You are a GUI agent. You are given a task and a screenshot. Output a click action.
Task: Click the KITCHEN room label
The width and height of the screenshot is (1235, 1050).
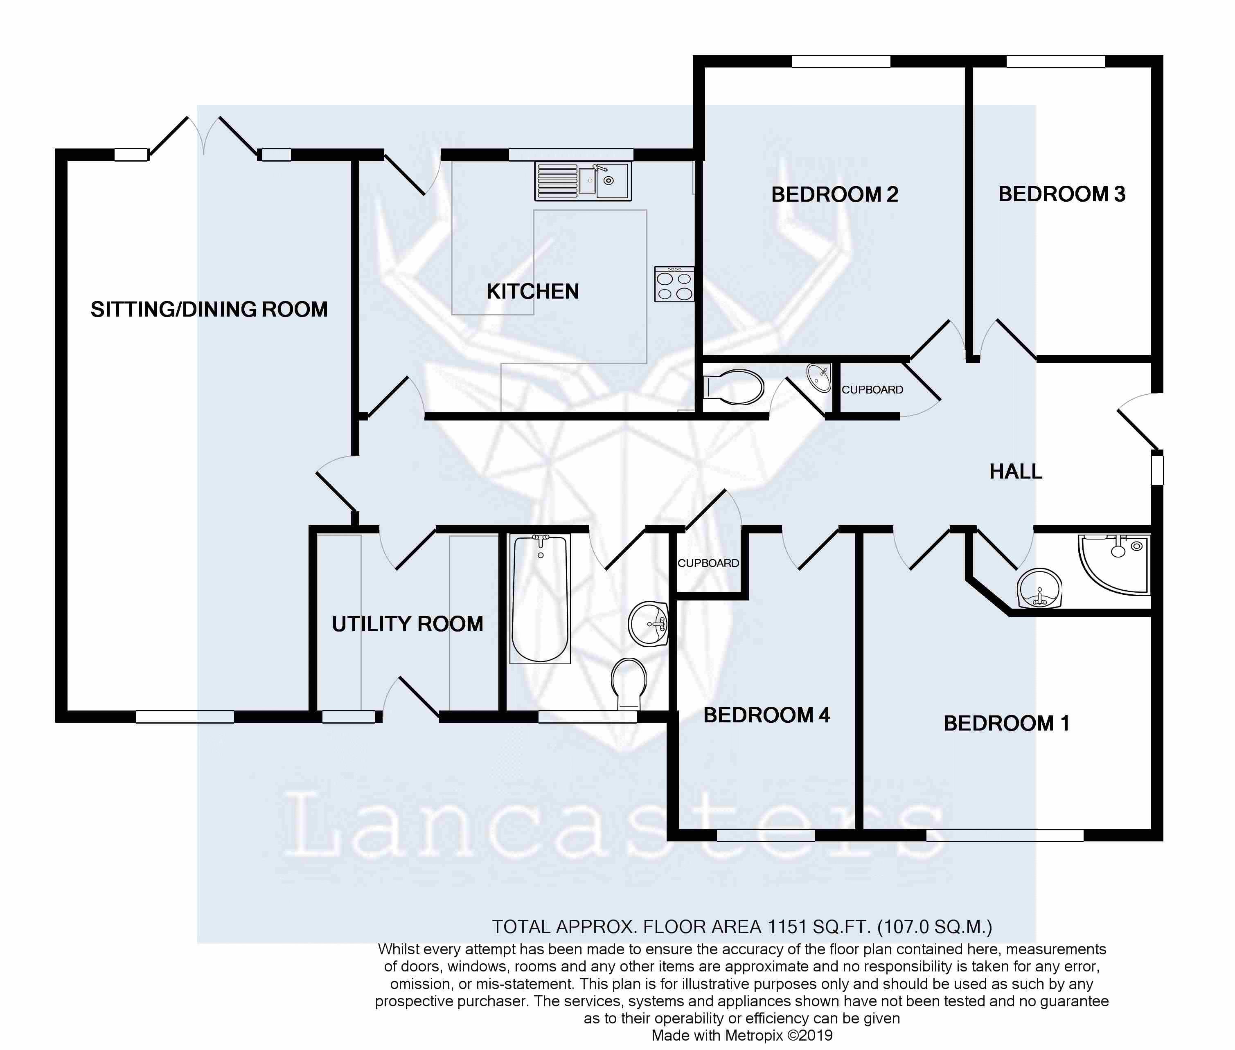click(x=532, y=292)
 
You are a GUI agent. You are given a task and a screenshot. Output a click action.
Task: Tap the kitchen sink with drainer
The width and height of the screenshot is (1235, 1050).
click(x=582, y=181)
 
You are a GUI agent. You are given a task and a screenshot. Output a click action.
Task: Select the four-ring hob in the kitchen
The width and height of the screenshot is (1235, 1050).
click(x=674, y=284)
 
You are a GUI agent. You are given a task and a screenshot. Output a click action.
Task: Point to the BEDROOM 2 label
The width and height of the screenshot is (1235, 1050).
click(x=834, y=195)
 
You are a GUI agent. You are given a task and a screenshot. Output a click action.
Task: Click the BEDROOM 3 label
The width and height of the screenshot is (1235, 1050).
click(x=1062, y=194)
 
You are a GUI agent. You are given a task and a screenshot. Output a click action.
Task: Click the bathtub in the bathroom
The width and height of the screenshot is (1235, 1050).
click(x=539, y=598)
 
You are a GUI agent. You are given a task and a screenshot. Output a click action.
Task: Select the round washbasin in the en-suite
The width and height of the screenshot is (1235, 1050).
click(x=1039, y=588)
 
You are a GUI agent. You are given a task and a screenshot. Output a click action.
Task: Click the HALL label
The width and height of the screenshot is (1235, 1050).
click(x=1015, y=472)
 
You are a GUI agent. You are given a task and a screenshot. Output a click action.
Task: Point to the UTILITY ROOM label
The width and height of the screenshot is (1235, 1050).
click(x=407, y=624)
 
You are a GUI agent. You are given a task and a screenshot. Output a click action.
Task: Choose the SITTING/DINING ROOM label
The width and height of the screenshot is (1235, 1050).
click(x=209, y=310)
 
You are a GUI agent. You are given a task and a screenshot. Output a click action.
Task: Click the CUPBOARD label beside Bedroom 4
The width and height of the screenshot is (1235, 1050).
click(x=708, y=563)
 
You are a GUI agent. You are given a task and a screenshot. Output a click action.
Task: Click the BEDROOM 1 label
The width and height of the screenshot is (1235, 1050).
click(x=1006, y=723)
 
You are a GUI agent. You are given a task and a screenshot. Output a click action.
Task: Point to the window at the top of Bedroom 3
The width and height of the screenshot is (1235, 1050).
click(x=1055, y=61)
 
